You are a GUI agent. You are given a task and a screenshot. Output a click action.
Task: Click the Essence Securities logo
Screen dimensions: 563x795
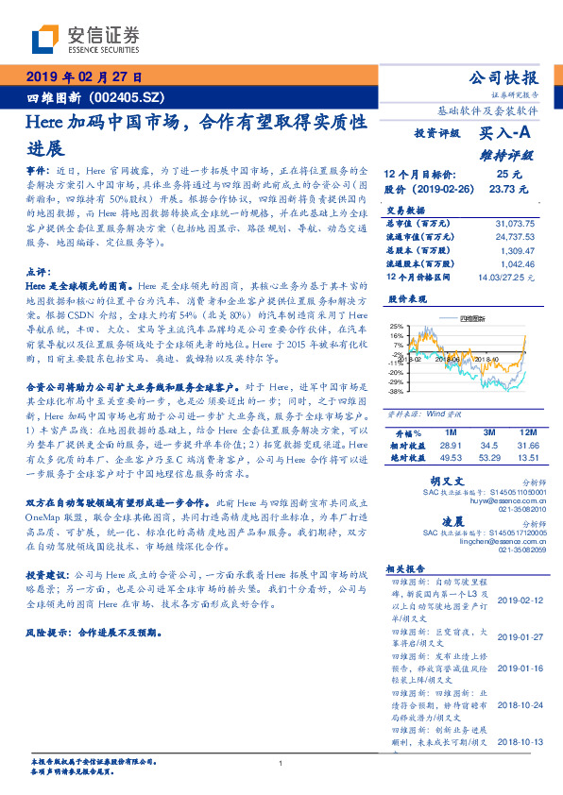click(84, 39)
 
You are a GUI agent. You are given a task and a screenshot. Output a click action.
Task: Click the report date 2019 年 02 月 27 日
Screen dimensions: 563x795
click(84, 77)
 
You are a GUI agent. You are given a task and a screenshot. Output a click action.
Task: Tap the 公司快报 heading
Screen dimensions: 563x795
click(503, 77)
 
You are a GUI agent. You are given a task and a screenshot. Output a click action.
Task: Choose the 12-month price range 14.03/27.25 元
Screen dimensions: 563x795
click(505, 278)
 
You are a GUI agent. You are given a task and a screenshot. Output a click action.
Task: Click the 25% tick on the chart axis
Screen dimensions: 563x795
click(395, 326)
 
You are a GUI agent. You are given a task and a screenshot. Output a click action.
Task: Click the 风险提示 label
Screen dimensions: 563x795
click(47, 632)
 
